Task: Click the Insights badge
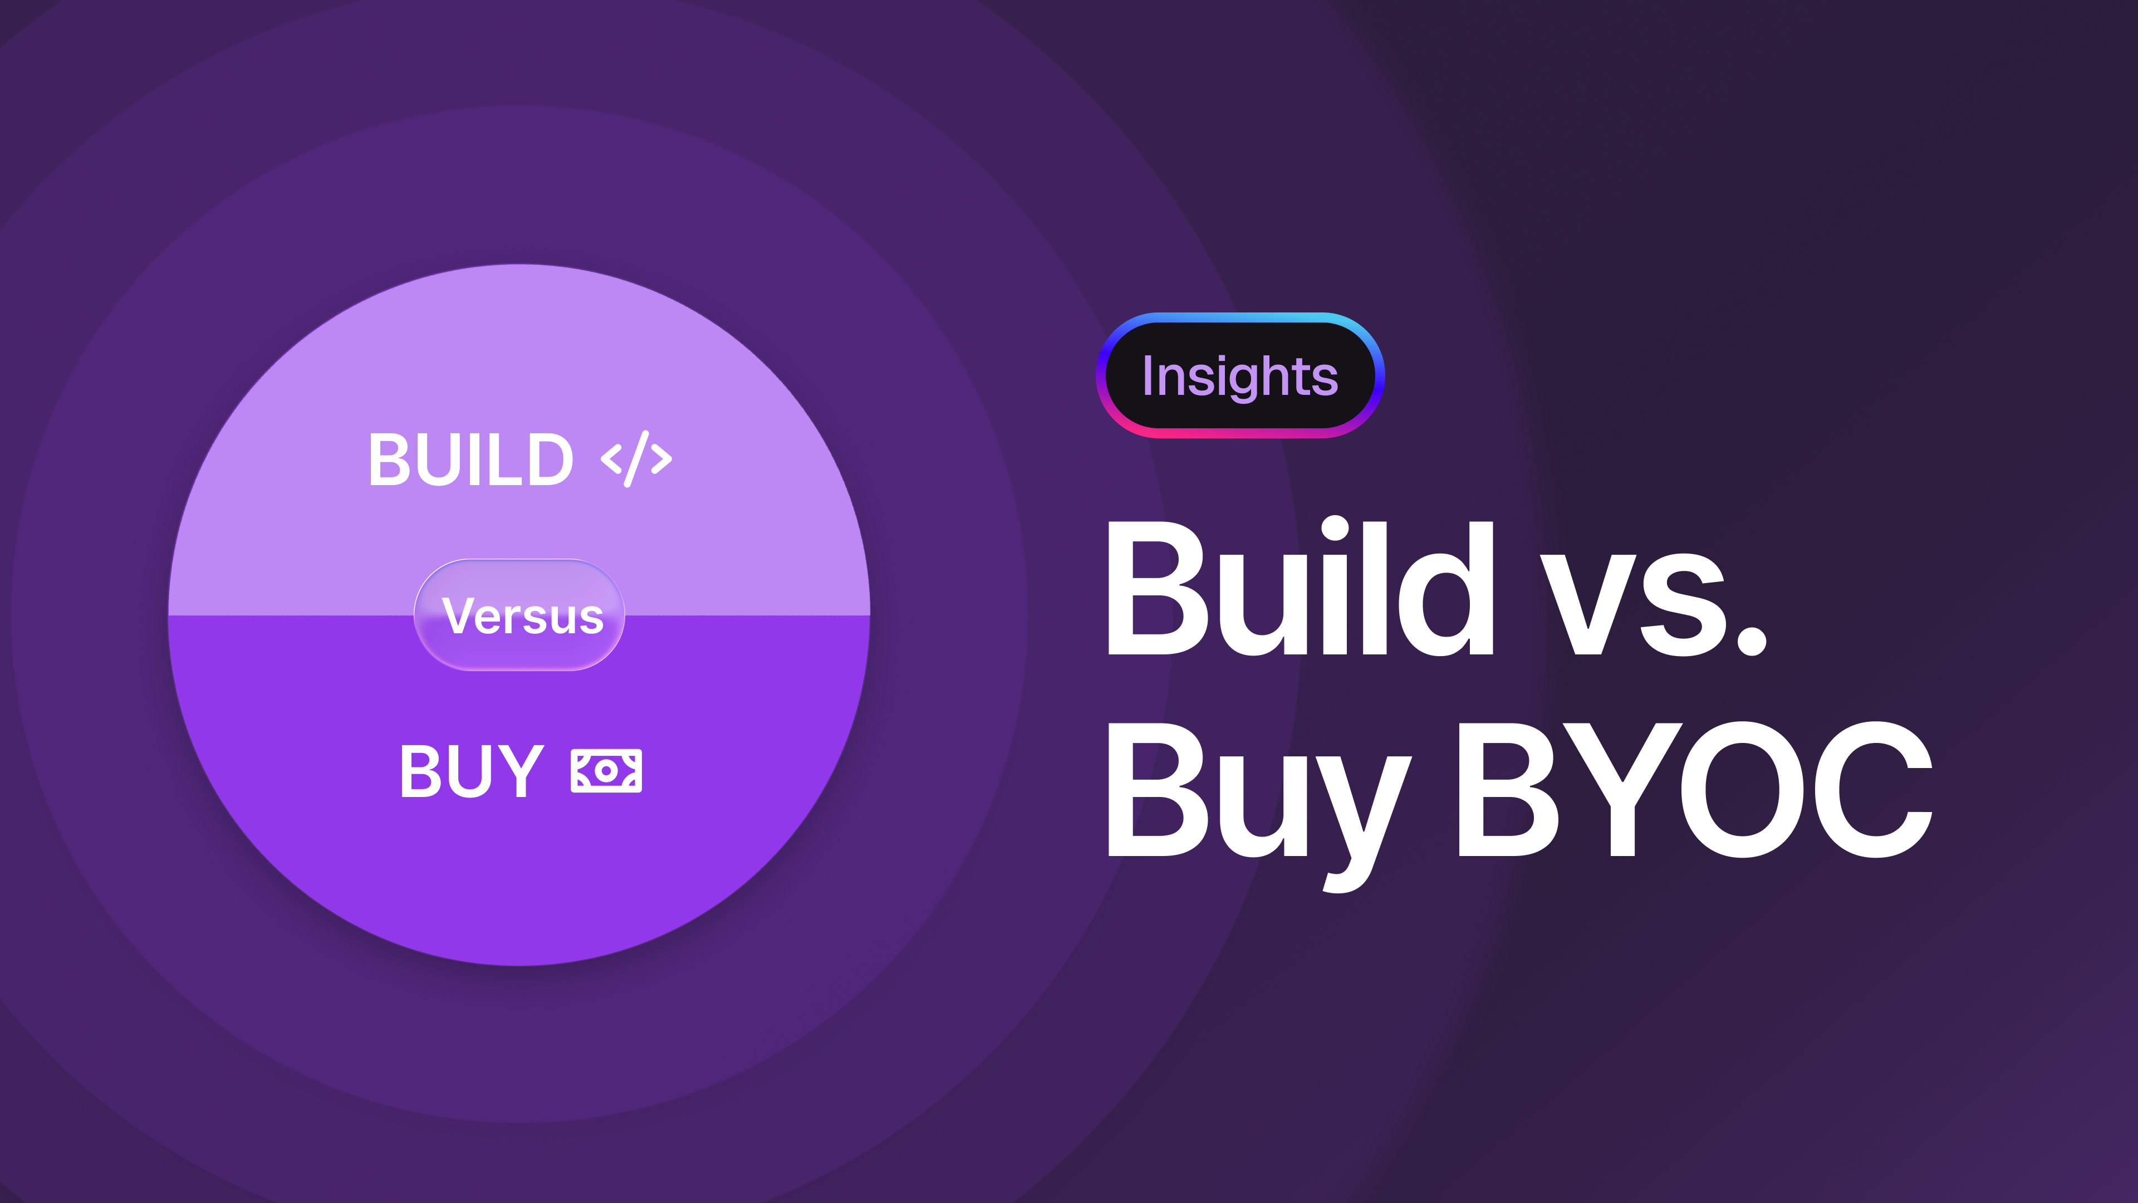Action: (1240, 375)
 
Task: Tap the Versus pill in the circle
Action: (519, 615)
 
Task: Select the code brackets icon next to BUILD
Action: (636, 459)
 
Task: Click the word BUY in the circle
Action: (470, 770)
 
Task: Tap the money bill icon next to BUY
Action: (606, 770)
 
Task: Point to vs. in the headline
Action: (1651, 602)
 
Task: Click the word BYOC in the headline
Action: (1693, 789)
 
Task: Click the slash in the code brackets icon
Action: (636, 459)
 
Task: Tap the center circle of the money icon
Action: (606, 770)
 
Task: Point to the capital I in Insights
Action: (1149, 375)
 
